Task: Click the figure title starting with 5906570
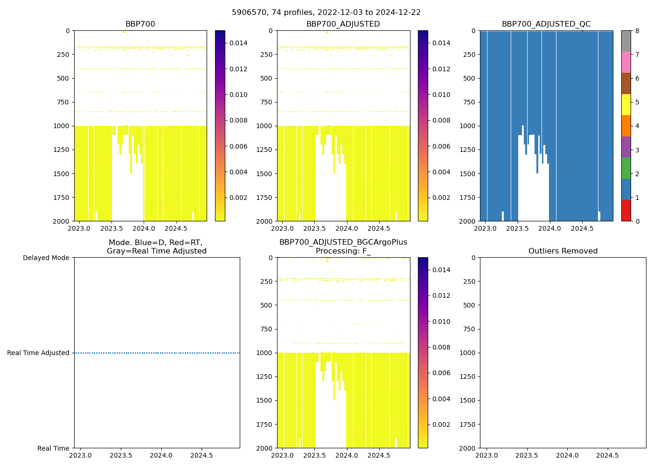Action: click(326, 13)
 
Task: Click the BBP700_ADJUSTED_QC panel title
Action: click(546, 24)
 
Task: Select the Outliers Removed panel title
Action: click(563, 251)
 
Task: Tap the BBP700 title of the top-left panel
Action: click(140, 24)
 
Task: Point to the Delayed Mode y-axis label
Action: click(46, 258)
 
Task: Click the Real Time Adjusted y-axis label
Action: click(38, 353)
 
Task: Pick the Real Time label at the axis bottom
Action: click(53, 448)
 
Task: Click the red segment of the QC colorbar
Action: click(626, 210)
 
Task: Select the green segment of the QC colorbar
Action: click(626, 168)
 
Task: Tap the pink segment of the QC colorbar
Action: click(626, 62)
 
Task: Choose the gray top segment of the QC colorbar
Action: click(626, 41)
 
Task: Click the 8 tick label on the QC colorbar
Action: click(637, 31)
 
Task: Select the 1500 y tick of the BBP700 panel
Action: click(61, 174)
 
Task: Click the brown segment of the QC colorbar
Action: click(626, 83)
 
